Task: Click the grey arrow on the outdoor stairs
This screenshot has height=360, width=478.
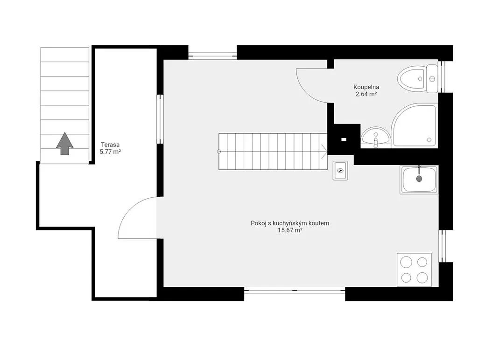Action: pos(64,144)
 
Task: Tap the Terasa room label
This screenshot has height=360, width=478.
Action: pos(110,145)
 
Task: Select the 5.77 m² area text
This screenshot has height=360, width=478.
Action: pos(110,152)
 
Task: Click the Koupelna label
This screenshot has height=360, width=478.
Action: pos(366,87)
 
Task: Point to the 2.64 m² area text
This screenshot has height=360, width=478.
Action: pos(366,94)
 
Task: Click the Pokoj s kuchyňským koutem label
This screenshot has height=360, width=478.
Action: pos(290,223)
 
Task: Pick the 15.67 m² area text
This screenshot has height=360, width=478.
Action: pos(290,230)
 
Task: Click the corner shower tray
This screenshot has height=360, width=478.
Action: pos(415,125)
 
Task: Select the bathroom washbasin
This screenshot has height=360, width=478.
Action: pos(376,137)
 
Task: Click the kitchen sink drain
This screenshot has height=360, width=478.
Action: pos(419,179)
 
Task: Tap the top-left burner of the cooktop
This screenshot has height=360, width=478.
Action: pos(407,262)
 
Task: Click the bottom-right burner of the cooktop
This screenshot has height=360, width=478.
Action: pos(422,277)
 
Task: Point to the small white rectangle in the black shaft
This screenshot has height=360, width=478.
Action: pos(344,139)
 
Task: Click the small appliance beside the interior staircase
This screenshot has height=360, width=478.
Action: pos(340,171)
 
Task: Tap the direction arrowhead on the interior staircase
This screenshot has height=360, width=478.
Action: pos(324,152)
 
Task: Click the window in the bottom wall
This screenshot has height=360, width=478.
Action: pos(295,291)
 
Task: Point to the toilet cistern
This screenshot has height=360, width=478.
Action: pos(432,79)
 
